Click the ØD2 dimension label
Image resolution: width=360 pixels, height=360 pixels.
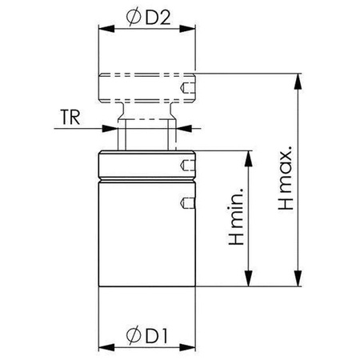[x=148, y=17]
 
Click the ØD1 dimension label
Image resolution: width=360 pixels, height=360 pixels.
[x=147, y=334]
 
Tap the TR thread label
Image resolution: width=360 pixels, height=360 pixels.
[x=70, y=117]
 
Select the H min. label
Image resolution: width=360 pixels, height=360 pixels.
[x=236, y=216]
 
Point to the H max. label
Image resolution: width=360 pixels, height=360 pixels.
[x=285, y=178]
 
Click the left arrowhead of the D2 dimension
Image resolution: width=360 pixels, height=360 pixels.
[x=106, y=29]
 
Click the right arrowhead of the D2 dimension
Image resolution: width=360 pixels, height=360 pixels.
[x=187, y=29]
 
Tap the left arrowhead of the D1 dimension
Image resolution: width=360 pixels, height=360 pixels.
[x=106, y=347]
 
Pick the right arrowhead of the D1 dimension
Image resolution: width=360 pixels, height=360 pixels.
[x=187, y=347]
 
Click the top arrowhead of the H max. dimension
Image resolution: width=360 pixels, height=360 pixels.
[x=298, y=81]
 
